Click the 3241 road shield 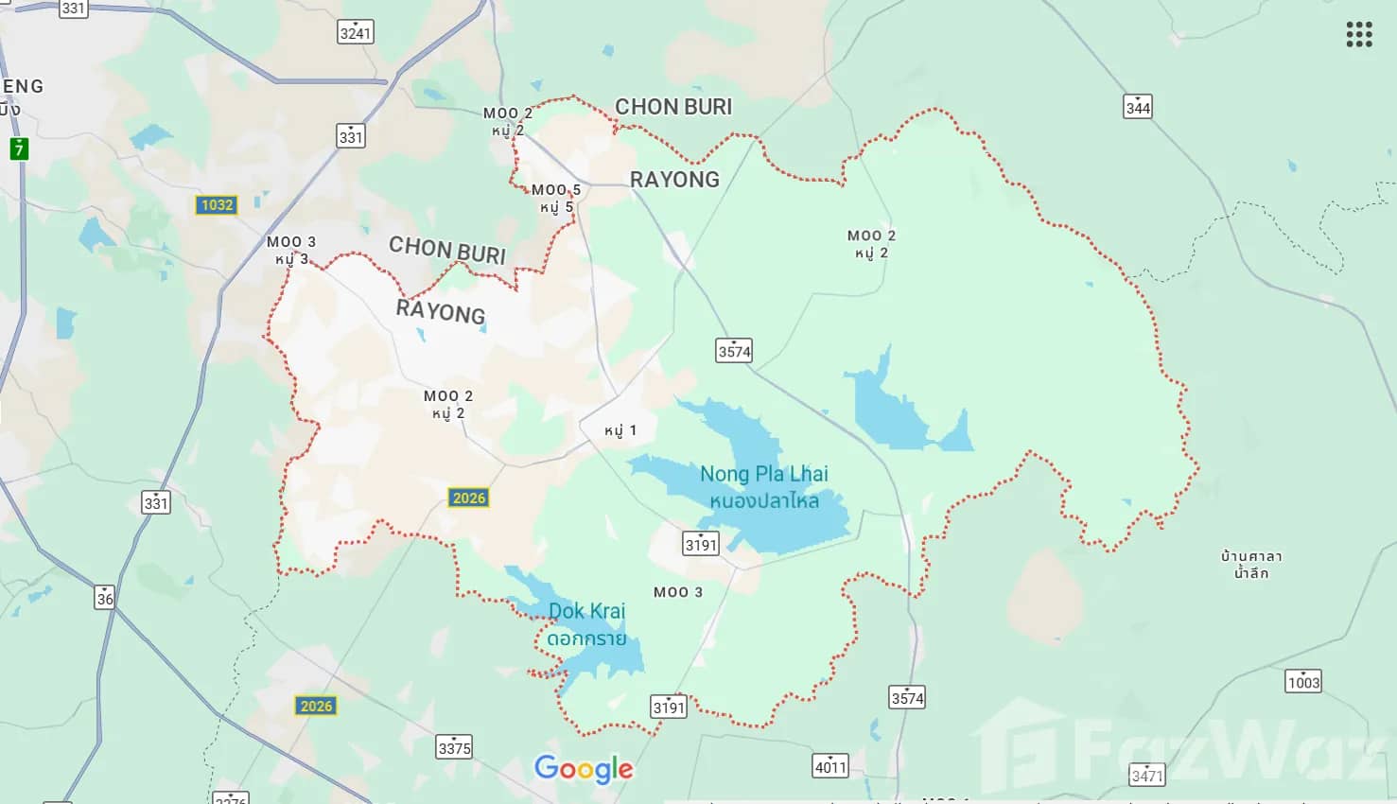tap(356, 32)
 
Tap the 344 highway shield tap(1138, 106)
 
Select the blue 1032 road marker tap(217, 204)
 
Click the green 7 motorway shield tap(19, 149)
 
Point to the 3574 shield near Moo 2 tap(734, 351)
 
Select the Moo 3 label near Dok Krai tap(678, 592)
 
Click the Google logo tap(584, 769)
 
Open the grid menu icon tap(1359, 34)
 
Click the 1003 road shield tap(1303, 681)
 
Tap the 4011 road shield tap(830, 766)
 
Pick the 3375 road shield tap(454, 747)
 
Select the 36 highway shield tap(105, 598)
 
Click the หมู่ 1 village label tap(620, 430)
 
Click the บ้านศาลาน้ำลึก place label tap(1250, 564)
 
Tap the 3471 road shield tap(1146, 776)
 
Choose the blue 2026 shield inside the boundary tap(469, 498)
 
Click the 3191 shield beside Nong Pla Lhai tap(701, 544)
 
